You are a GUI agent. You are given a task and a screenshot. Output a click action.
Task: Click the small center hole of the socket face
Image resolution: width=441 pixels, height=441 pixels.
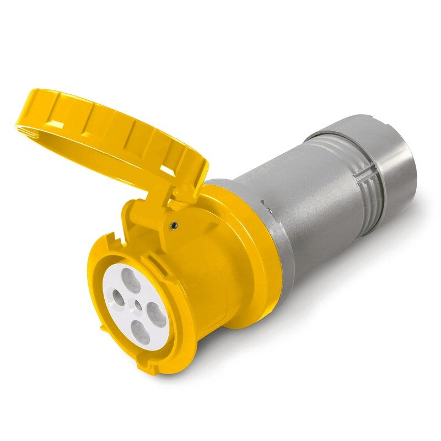tap(135, 304)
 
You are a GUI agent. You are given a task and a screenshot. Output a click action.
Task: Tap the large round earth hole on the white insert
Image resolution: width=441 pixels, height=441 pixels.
tap(118, 302)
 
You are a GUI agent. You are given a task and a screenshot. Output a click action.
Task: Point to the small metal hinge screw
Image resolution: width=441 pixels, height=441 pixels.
tap(174, 224)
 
